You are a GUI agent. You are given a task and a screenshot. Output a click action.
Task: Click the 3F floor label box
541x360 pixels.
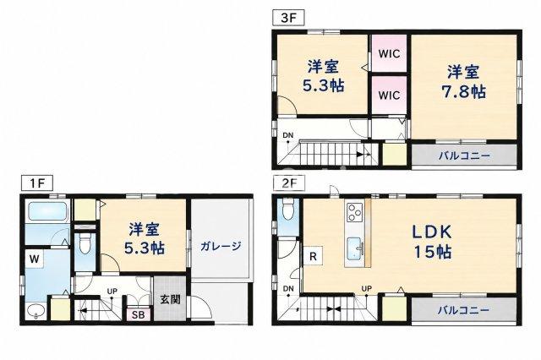coord(288,18)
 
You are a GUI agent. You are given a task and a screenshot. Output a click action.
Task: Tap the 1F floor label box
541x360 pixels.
coord(37,183)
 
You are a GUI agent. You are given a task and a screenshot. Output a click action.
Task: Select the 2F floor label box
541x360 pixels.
coord(288,183)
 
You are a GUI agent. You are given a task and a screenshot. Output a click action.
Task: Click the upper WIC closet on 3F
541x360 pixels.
coord(389,53)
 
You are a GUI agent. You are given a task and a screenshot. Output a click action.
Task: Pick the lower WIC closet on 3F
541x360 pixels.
coord(389,95)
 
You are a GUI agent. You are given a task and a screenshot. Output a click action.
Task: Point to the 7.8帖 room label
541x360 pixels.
coord(464,83)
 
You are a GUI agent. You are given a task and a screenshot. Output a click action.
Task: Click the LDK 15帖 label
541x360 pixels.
coord(432,242)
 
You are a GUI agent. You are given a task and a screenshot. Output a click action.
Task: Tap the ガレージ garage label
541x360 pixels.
coord(220,246)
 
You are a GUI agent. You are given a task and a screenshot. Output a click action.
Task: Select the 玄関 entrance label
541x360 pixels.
coord(170,299)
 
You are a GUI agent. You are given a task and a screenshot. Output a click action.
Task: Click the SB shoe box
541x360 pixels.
coord(139,314)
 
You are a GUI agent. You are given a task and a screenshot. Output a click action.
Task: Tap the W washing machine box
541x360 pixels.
coord(34,259)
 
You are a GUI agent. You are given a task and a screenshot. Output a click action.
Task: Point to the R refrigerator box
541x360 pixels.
coord(313,256)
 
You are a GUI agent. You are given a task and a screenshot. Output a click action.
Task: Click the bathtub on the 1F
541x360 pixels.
coord(47,211)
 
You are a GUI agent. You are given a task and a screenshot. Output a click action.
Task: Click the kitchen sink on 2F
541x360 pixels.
coord(355,248)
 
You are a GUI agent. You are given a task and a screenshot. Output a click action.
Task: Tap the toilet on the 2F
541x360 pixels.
coord(287,208)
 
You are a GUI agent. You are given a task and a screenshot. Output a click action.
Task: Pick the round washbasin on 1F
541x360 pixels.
coord(36,311)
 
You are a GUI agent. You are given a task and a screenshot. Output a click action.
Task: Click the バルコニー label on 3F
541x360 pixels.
coord(464,155)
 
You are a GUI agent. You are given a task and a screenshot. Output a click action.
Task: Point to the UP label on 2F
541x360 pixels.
coord(366,288)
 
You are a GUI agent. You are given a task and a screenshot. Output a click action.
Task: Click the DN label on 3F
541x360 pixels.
coord(288,135)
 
